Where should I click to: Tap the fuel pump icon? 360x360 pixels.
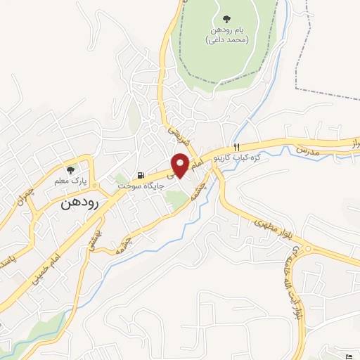click(x=141, y=176)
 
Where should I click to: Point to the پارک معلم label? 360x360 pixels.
click(x=70, y=181)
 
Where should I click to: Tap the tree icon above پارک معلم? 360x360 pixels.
click(x=70, y=170)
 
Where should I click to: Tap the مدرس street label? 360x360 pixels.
click(x=307, y=150)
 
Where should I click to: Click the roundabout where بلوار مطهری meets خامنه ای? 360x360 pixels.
click(x=304, y=248)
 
